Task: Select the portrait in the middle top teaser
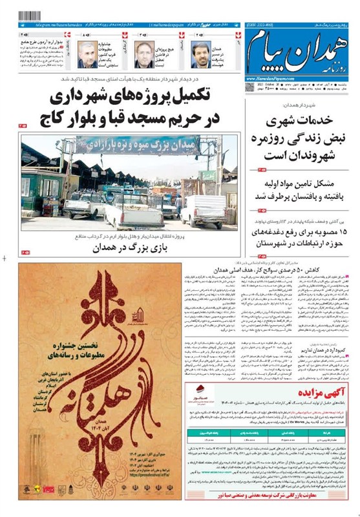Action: point(143,54)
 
